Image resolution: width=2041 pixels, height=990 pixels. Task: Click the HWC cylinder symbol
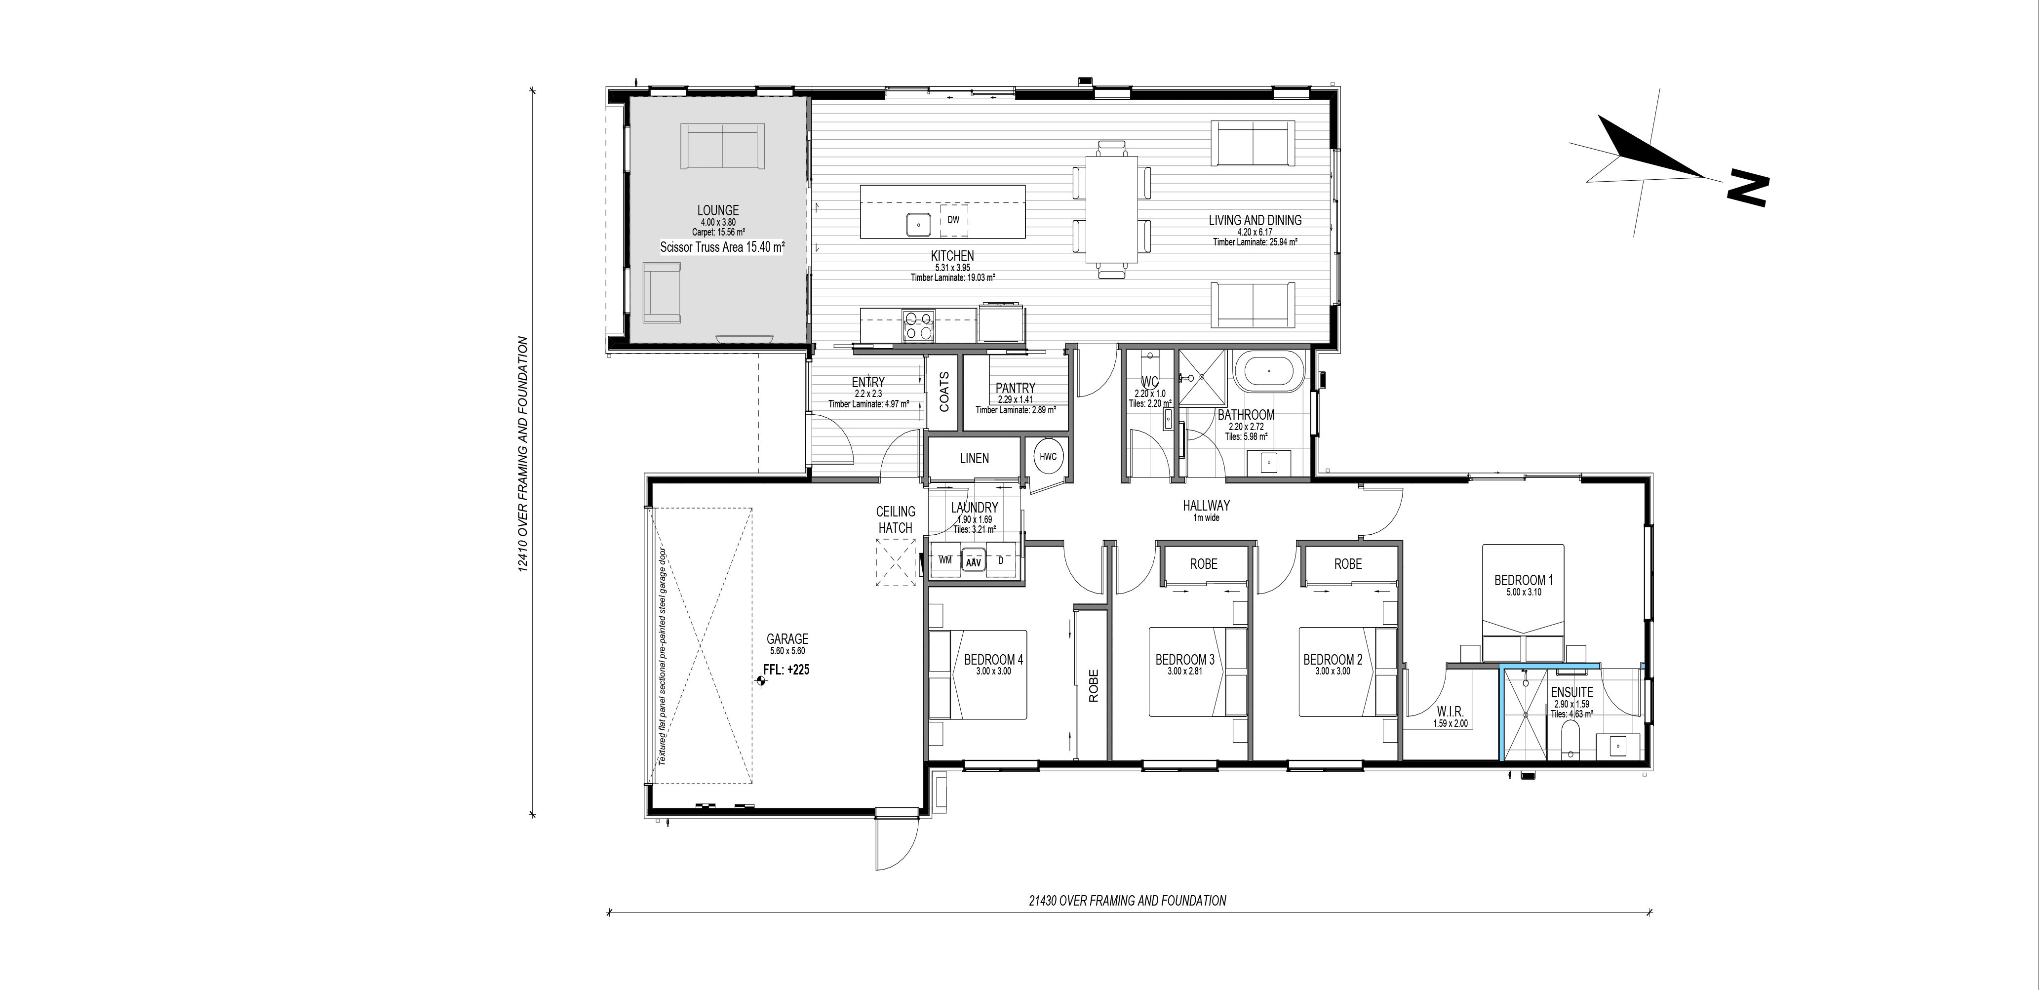1048,457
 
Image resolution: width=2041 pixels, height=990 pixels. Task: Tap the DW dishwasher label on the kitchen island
953,220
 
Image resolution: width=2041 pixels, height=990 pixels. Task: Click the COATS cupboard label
943,392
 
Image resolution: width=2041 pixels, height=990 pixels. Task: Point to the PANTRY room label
1016,388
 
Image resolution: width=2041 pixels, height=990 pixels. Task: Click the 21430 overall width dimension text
1128,901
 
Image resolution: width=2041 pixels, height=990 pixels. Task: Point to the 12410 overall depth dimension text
522,454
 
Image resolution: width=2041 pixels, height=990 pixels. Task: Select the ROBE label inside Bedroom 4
1094,686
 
